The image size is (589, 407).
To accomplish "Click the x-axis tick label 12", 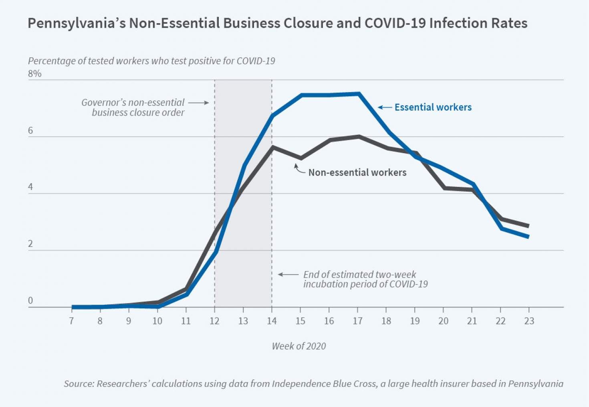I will [214, 321].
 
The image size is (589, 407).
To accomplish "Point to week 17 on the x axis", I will [357, 321].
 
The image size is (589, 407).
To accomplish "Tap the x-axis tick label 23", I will [529, 321].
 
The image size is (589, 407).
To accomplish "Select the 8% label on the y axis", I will [35, 74].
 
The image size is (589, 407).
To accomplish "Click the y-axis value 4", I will [30, 187].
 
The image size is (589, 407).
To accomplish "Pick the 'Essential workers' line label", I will [433, 107].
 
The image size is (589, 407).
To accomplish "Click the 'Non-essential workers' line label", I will [357, 173].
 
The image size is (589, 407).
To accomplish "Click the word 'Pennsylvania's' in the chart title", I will [76, 23].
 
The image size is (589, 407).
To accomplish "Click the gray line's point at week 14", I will [272, 147].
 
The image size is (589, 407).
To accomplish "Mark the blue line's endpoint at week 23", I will [528, 237].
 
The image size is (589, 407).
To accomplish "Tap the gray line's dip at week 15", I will [301, 158].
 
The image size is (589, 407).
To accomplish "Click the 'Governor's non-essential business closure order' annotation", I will [133, 107].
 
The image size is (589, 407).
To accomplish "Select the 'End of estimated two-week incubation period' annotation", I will [365, 279].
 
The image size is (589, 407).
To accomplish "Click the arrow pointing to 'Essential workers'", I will [385, 107].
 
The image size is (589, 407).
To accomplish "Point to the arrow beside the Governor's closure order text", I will [198, 103].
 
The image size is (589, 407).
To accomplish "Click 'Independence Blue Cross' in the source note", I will [324, 384].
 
